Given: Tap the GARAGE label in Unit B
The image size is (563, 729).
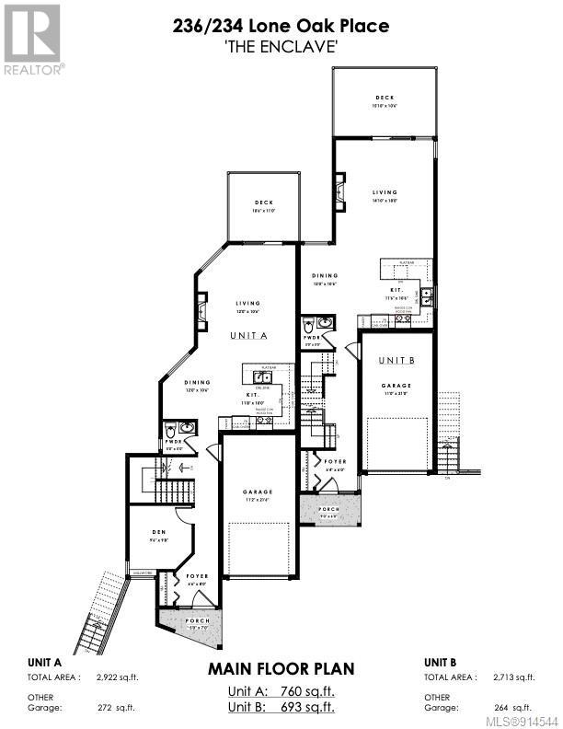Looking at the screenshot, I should (396, 386).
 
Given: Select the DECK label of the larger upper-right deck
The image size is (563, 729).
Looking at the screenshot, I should (385, 98).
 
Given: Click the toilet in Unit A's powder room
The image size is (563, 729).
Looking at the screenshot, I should (170, 429).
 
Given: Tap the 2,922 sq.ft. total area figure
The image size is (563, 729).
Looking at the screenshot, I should (116, 677).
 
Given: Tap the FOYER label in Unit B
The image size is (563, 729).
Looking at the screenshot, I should (335, 463).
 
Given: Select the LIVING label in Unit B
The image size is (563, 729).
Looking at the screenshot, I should (385, 192).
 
